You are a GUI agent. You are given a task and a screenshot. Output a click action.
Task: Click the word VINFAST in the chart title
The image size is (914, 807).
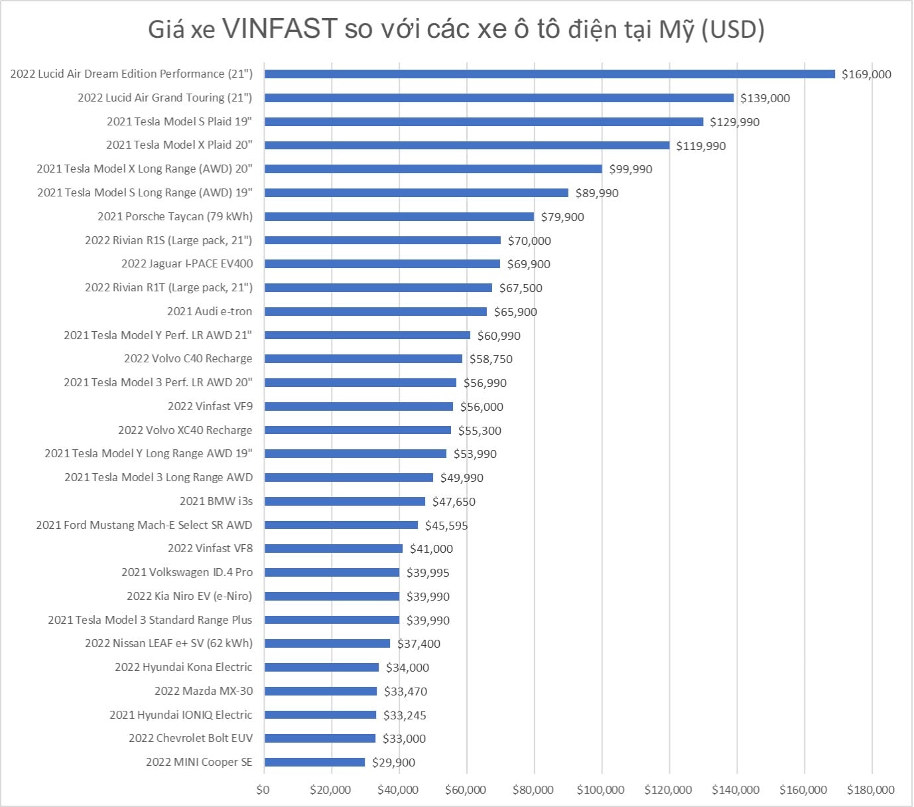(x=281, y=29)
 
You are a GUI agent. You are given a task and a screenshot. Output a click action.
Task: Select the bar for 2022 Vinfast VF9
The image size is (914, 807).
(x=359, y=407)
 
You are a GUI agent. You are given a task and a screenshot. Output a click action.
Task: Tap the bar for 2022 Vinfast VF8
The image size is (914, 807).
(x=334, y=549)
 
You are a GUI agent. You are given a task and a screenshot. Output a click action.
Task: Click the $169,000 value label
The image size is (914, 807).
(x=866, y=74)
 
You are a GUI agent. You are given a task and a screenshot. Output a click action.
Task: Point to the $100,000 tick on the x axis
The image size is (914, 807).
(x=600, y=790)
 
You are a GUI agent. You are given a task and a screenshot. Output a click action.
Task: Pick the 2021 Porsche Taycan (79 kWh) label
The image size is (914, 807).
(x=175, y=216)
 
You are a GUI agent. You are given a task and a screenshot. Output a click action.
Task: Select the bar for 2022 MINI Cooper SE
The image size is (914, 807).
(x=314, y=763)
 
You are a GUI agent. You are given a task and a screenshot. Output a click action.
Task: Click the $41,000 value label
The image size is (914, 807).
(x=431, y=549)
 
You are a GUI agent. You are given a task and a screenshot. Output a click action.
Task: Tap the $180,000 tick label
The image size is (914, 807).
(x=870, y=790)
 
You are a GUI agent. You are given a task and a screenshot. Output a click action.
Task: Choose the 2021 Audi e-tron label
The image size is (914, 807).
(x=210, y=311)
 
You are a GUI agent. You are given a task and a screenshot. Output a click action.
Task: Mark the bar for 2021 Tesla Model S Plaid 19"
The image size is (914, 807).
(x=484, y=122)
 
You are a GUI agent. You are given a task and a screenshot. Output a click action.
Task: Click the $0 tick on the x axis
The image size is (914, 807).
(x=263, y=790)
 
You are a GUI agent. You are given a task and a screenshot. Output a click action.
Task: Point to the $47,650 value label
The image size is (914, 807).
(x=454, y=502)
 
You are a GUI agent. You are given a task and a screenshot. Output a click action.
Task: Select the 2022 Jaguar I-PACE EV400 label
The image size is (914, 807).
(x=187, y=263)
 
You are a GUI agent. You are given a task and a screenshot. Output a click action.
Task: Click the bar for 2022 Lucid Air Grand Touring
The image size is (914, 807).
(x=499, y=98)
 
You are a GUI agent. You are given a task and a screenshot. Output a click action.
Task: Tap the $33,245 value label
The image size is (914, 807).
(x=405, y=715)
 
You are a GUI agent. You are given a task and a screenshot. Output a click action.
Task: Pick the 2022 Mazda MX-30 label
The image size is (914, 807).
(x=204, y=691)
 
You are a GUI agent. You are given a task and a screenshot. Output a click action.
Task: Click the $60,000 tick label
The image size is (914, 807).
(x=466, y=790)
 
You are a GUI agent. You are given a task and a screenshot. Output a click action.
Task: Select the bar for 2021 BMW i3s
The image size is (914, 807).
(x=345, y=502)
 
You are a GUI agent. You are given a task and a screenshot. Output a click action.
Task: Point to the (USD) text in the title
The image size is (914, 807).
(x=733, y=29)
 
